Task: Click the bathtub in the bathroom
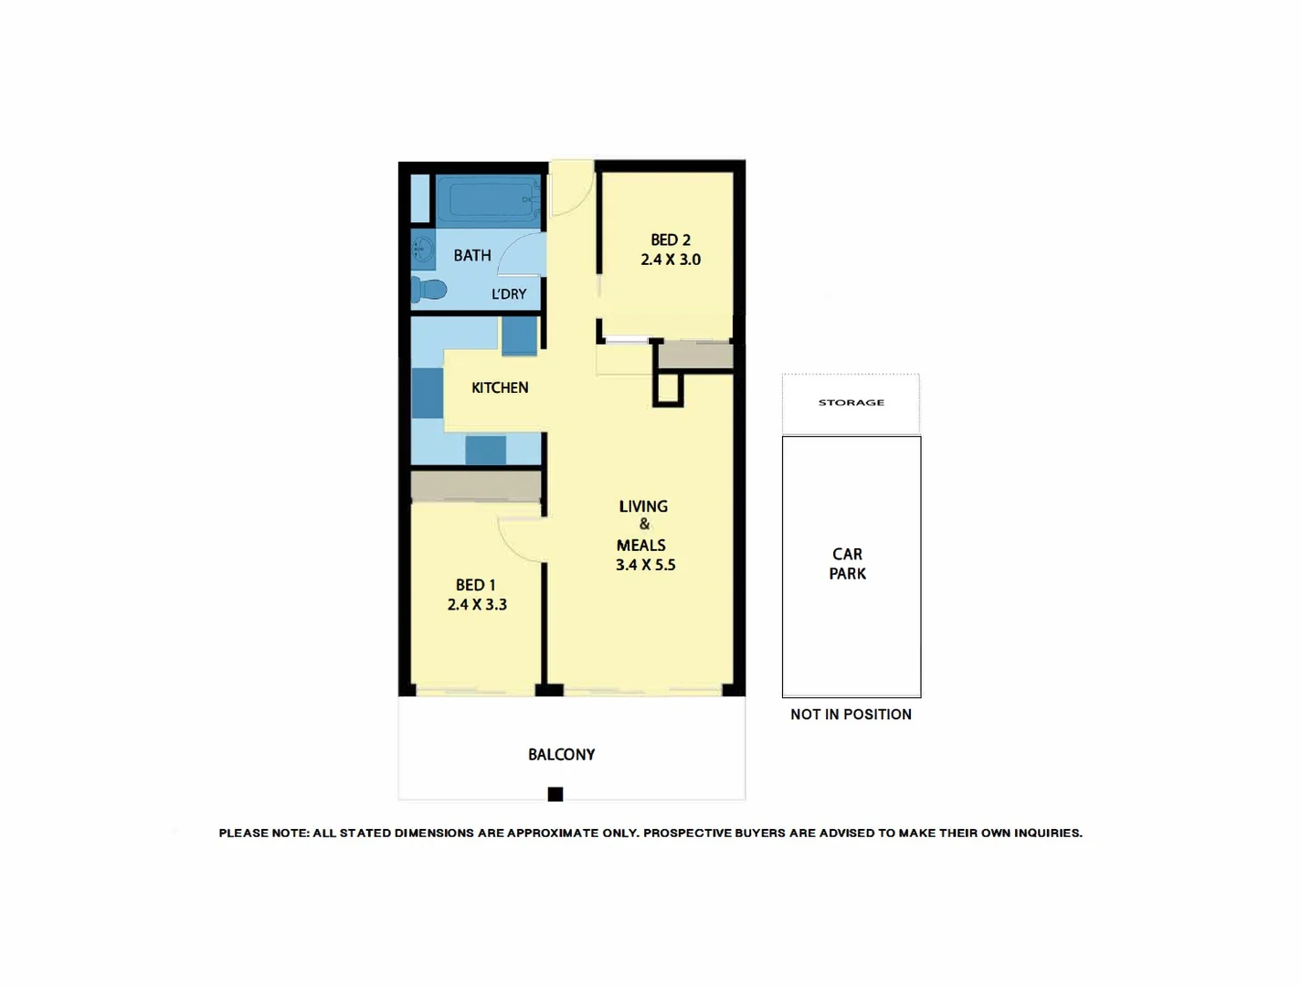[x=488, y=200]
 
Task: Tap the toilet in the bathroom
[x=428, y=290]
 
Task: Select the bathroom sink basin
[x=422, y=249]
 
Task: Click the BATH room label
[x=472, y=256]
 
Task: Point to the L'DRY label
[x=509, y=294]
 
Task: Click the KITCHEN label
[x=500, y=387]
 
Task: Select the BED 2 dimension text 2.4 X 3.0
[x=671, y=260]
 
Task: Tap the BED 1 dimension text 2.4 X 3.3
[x=477, y=605]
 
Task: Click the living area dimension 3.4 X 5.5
[x=645, y=566]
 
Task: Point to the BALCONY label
[x=561, y=755]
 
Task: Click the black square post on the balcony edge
[x=555, y=794]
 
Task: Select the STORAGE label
[x=851, y=402]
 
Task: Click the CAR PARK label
[x=847, y=564]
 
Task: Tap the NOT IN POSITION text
[x=851, y=715]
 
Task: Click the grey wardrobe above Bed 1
[x=476, y=486]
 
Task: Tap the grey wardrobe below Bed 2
[x=695, y=356]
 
